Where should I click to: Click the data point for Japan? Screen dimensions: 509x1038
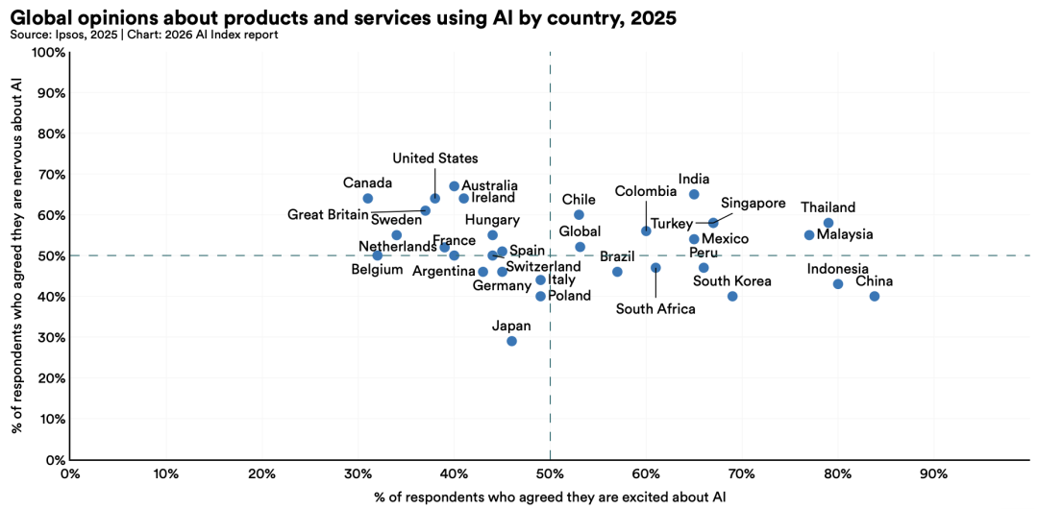coord(511,341)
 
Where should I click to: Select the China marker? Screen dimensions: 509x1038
coord(875,297)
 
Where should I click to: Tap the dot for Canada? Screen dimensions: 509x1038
coord(367,199)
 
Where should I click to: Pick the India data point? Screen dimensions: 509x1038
coord(694,194)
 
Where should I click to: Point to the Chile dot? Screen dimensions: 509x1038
coord(579,215)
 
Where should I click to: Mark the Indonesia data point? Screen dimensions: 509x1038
coord(838,284)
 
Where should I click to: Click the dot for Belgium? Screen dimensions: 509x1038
coord(377,255)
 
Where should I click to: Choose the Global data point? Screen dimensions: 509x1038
coord(580,247)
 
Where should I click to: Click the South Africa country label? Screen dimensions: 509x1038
coord(656,309)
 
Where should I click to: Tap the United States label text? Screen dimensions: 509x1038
coord(434,158)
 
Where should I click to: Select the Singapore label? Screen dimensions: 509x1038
coord(754,204)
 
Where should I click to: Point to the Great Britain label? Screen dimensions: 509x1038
coord(328,215)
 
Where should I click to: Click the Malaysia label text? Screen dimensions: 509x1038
coord(845,234)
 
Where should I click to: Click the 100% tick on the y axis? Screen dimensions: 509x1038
coord(51,53)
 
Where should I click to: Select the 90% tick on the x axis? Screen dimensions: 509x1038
coord(933,474)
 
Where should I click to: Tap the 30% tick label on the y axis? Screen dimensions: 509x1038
coord(51,338)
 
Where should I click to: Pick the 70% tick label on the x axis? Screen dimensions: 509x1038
coord(741,474)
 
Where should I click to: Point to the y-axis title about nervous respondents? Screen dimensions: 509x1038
coord(16,255)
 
